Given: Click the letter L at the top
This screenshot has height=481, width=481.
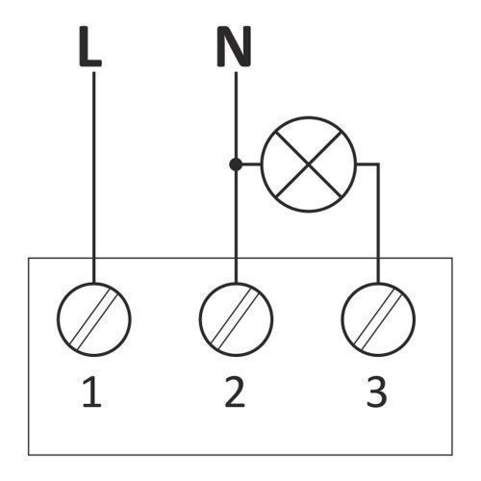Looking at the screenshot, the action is point(90,47).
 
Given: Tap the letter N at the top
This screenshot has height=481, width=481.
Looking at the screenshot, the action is point(234,47).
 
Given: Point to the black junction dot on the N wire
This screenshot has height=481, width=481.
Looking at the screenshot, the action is point(236,165).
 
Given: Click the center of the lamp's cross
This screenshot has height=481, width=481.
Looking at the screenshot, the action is point(308,165).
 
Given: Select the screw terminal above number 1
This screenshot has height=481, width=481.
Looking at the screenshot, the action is point(94,319).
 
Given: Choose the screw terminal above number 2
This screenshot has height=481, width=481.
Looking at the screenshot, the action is point(236,319).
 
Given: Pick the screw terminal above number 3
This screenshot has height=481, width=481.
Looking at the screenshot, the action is point(378,319).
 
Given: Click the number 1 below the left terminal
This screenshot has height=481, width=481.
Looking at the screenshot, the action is point(91,392).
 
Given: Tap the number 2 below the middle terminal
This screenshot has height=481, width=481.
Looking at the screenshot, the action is point(235,392).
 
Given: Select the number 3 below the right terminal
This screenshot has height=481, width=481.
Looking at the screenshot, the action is point(376,392).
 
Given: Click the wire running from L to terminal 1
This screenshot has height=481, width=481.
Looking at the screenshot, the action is point(94,177).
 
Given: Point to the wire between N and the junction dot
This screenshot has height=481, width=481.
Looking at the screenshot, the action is point(236,115).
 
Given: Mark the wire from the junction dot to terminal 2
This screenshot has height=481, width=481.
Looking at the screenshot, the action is point(236,227).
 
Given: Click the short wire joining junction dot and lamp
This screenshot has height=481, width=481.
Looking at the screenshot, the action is point(251,165).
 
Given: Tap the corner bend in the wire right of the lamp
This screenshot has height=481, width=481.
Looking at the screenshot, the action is point(378,165).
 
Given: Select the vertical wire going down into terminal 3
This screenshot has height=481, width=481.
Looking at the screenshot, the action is point(378,224).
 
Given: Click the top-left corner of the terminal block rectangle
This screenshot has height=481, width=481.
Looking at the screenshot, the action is point(29,258).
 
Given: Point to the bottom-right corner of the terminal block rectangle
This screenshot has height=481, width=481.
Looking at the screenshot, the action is point(452,455).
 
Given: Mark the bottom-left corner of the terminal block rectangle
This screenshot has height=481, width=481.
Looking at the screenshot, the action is point(29,455).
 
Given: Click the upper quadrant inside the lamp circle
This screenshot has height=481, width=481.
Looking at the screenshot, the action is point(308,137).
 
